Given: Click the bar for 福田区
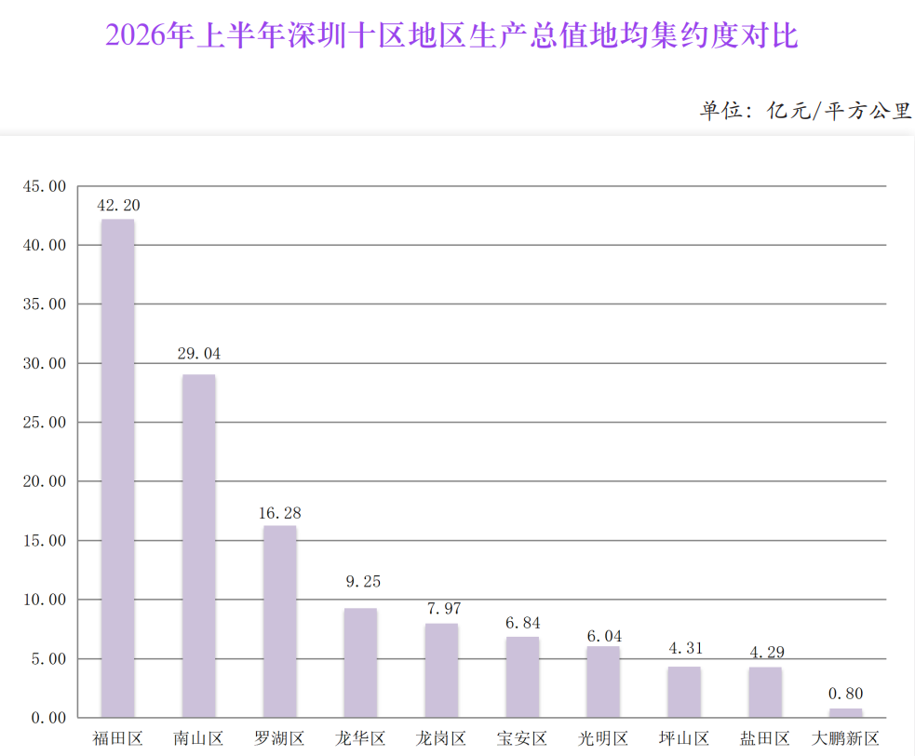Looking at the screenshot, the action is coord(118,468).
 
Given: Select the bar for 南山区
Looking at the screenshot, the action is coord(199,546).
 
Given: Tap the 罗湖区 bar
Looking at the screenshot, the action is coord(279,621).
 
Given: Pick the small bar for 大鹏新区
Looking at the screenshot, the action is coord(845,713).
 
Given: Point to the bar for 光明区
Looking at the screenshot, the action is coord(603,682).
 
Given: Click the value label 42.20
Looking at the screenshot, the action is coord(118,206).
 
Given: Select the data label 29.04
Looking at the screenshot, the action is coord(199,354).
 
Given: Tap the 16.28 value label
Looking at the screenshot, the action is coord(280,513).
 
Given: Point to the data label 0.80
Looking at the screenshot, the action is coord(845,694).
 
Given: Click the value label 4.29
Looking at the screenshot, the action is coord(767,652).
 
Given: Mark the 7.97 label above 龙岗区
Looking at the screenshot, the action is coord(444,609).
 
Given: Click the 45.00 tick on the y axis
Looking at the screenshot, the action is coord(45,186).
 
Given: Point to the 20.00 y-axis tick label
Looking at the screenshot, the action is coord(45,481).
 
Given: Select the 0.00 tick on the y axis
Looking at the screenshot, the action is coord(48,718).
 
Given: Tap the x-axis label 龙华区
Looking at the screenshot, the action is coord(360,738).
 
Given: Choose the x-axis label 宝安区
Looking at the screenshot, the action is coord(522,738).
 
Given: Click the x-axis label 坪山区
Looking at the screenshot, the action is coord(684,738).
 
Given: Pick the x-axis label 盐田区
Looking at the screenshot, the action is coord(765,738).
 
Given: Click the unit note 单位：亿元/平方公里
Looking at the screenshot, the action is coord(805,111).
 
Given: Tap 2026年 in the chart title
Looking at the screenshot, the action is coord(149,35).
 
